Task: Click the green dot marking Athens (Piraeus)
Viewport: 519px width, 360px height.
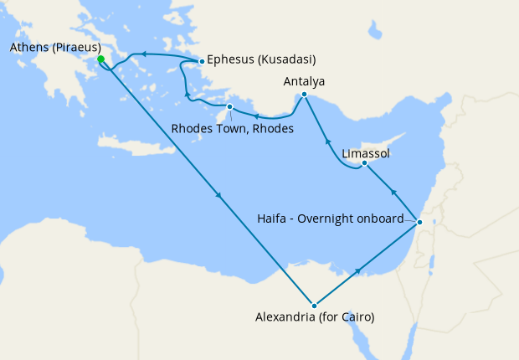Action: point(100,59)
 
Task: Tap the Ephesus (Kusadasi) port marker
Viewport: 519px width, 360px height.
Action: point(202,61)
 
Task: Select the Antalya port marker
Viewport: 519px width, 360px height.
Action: point(304,95)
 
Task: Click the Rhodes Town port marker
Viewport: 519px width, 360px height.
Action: point(229,107)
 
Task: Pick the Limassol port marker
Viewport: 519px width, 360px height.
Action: point(364,163)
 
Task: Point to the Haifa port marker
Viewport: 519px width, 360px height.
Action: point(419,222)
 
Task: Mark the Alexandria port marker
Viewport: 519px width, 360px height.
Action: point(314,306)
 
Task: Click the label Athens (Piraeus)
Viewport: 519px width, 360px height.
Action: point(55,47)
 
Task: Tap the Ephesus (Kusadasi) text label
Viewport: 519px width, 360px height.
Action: point(261,60)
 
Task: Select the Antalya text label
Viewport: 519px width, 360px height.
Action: point(304,81)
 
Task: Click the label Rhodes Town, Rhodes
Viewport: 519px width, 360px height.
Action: point(232,129)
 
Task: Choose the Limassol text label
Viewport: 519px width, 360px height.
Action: point(366,154)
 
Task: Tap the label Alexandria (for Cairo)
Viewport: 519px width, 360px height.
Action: point(314,318)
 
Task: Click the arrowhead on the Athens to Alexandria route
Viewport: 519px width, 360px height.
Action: point(219,197)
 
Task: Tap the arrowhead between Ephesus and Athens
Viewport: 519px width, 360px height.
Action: point(143,54)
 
